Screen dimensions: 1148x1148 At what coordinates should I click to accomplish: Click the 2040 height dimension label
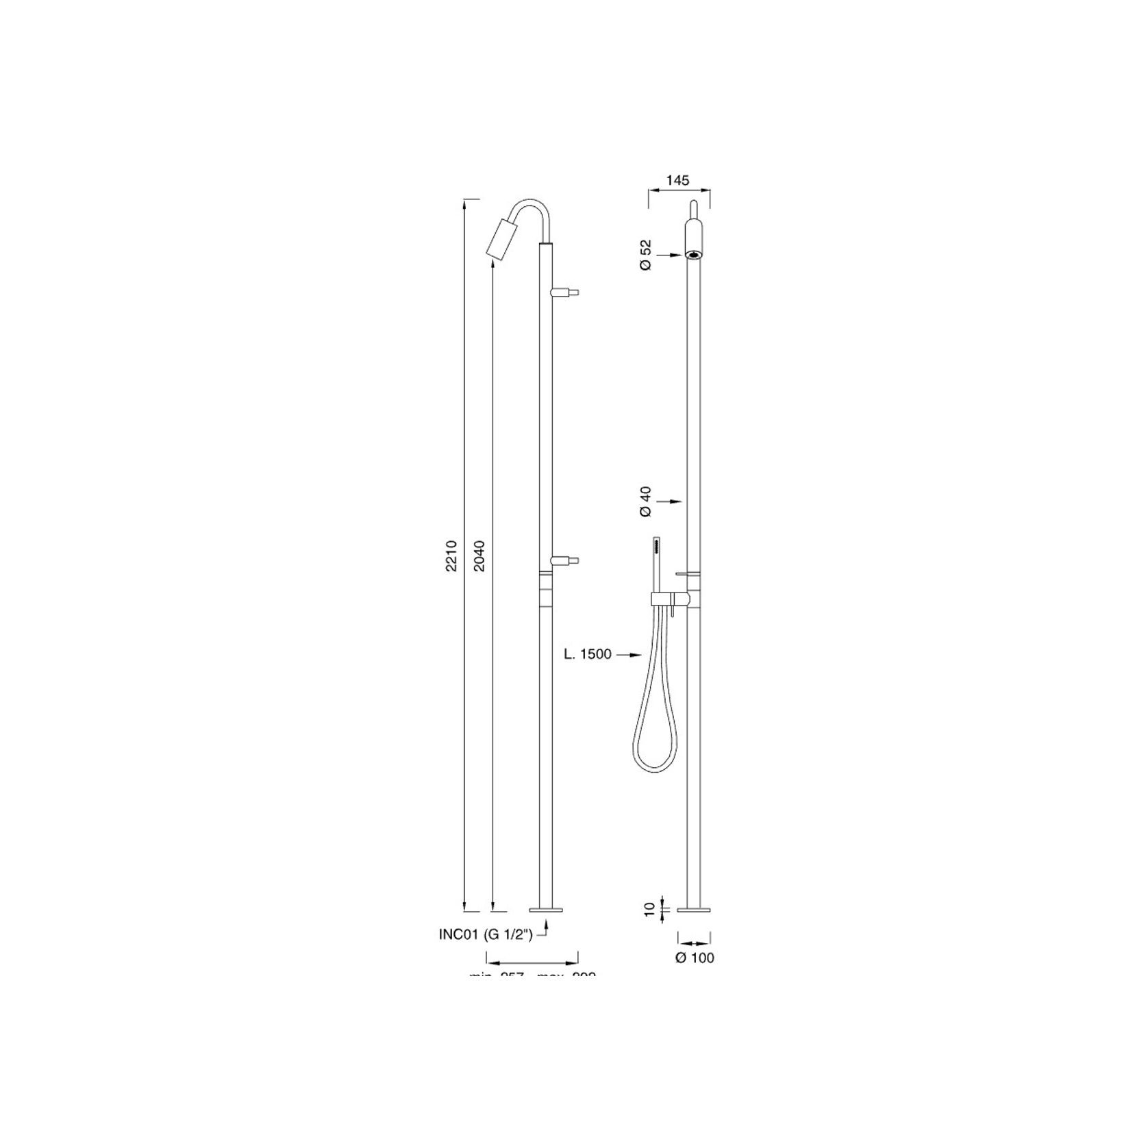(479, 556)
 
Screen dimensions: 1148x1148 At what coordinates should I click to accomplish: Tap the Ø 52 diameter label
(645, 255)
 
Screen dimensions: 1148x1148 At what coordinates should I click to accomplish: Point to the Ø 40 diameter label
(645, 501)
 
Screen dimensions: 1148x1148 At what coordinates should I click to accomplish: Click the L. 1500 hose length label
(588, 654)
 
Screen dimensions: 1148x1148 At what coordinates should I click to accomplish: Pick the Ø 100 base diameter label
(695, 958)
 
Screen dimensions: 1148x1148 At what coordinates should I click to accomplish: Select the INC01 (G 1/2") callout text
(486, 934)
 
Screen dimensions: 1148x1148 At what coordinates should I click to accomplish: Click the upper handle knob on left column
(566, 292)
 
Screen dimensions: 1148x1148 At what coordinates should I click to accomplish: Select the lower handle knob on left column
(566, 560)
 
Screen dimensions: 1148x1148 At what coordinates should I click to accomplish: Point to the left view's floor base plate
(546, 910)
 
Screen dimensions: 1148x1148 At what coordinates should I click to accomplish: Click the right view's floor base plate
(694, 910)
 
